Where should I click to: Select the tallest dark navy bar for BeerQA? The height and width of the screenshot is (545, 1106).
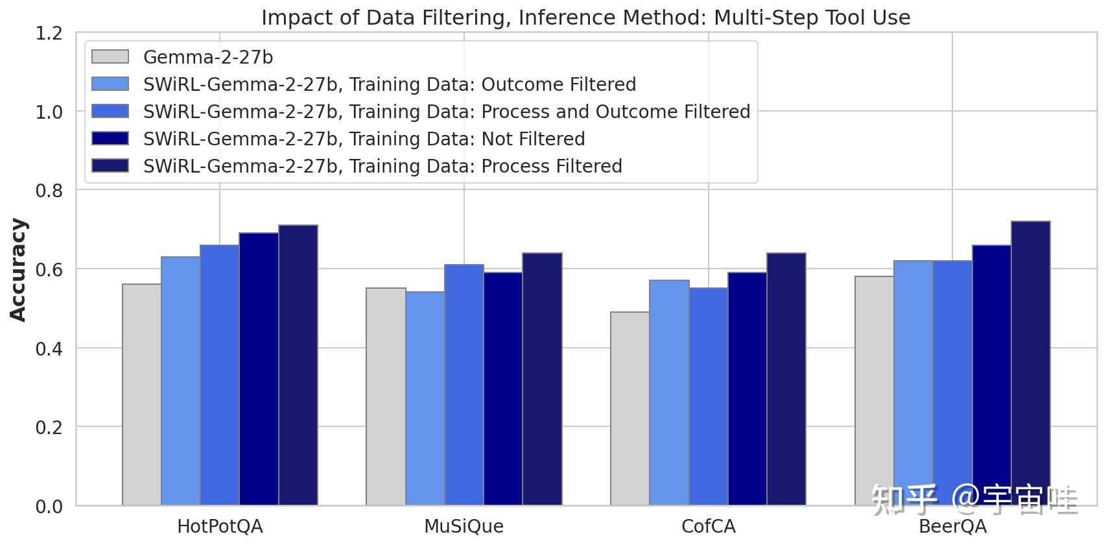1030,363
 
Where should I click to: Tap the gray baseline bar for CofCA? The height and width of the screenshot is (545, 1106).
629,409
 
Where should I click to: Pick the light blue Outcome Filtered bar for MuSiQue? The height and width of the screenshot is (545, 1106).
425,398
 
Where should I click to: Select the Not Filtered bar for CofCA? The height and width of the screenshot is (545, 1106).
747,389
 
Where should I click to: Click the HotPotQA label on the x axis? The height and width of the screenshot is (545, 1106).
220,526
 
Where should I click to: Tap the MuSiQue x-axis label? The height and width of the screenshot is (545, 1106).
464,526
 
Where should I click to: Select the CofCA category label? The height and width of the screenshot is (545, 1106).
708,526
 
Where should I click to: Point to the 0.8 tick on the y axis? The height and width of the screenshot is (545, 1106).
49,191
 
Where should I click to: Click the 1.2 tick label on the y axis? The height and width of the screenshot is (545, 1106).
49,33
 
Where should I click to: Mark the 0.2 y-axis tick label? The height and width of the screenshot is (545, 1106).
49,428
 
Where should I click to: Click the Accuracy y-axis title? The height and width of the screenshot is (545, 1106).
19,269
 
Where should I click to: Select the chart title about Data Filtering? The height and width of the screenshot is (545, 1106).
585,18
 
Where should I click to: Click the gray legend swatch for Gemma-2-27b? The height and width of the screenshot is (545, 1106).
110,57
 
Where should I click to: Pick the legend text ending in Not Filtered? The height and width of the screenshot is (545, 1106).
364,139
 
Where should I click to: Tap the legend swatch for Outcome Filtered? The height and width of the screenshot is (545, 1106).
110,84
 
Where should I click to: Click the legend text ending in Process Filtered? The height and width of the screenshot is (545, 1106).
382,166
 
